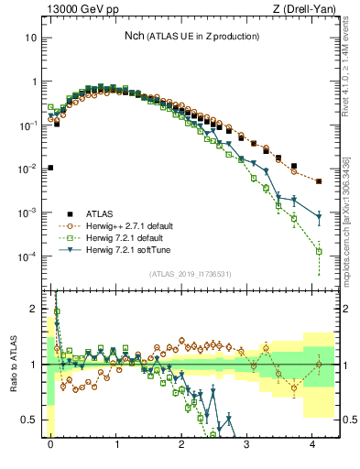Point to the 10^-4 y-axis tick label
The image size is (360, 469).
[x=29, y=256]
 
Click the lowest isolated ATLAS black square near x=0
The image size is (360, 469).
[x=50, y=168]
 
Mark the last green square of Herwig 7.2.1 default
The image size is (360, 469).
[x=319, y=251]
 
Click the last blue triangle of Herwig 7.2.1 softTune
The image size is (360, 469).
[x=319, y=217]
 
